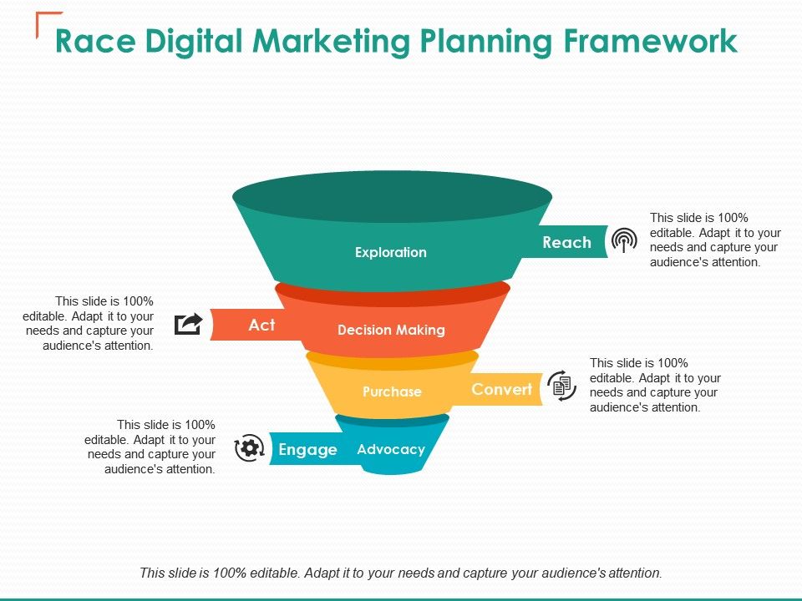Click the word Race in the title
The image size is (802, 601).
89,41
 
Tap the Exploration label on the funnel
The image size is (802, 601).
391,252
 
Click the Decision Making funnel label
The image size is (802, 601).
391,330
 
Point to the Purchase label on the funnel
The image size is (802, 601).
392,391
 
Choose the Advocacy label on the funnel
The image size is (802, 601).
391,449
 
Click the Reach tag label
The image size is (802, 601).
566,243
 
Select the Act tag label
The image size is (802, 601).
261,325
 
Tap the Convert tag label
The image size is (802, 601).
501,389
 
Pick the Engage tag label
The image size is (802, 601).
307,450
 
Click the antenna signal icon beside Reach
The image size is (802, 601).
623,241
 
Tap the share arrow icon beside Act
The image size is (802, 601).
189,324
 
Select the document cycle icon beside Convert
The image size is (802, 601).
562,386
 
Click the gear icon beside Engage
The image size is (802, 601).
248,448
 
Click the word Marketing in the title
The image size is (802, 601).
327,41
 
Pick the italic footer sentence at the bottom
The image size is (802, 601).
401,573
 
